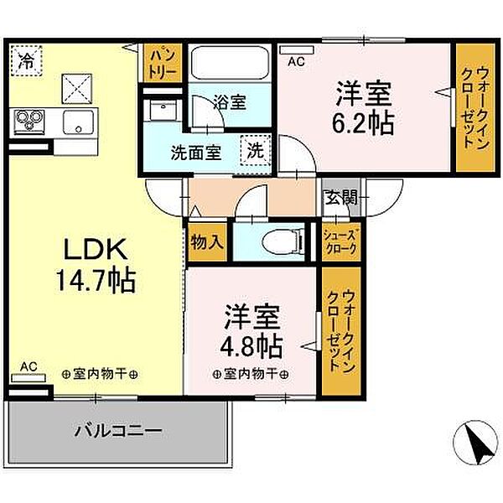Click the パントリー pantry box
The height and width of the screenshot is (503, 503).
163,61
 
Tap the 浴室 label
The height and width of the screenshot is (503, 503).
229,102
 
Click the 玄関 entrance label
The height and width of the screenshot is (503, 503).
342,198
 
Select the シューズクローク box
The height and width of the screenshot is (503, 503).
340,243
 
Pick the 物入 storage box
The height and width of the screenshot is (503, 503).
207,242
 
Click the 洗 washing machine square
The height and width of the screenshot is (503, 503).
254,152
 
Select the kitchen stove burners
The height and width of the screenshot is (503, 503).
27,122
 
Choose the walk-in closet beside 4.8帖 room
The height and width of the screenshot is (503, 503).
340,331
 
